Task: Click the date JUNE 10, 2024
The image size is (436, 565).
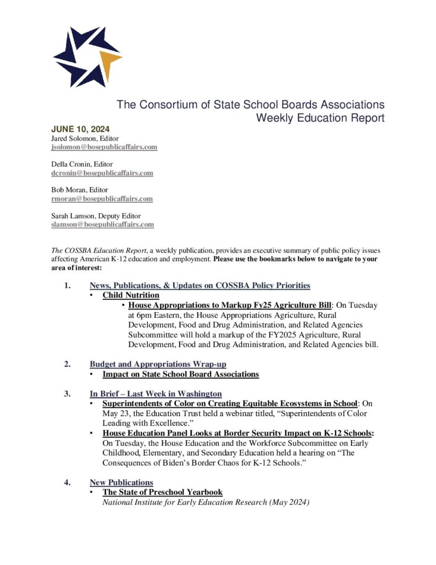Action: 80,130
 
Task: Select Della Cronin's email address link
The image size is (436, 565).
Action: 102,173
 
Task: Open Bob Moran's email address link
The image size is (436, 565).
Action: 102,199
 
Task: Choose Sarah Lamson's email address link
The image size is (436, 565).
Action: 103,225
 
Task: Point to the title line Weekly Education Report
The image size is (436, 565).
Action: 320,118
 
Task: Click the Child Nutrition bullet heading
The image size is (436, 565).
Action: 131,295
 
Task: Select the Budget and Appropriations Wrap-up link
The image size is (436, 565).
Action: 158,364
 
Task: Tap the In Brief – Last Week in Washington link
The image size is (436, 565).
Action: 155,394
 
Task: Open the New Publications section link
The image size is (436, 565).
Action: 121,483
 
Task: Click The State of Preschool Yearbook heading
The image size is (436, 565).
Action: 163,492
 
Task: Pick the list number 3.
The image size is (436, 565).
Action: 67,394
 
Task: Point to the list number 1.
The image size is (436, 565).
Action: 67,285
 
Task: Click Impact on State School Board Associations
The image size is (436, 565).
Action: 181,374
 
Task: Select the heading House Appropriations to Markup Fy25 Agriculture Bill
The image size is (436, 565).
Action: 230,305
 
